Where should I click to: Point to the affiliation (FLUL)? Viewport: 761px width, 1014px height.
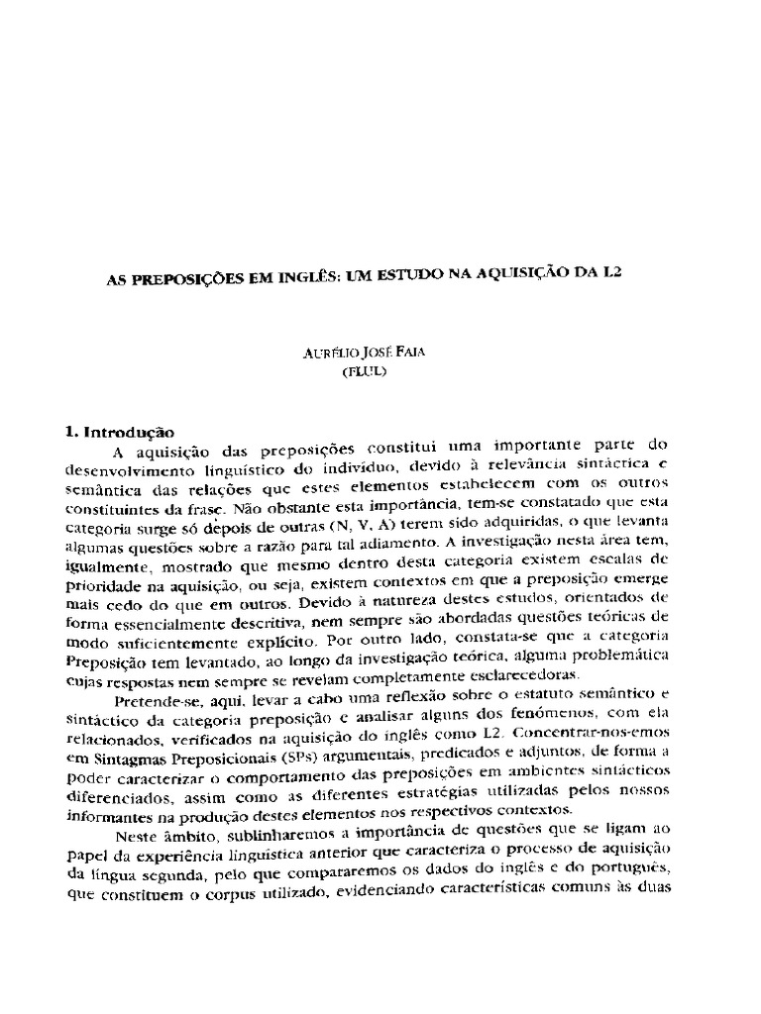382,373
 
